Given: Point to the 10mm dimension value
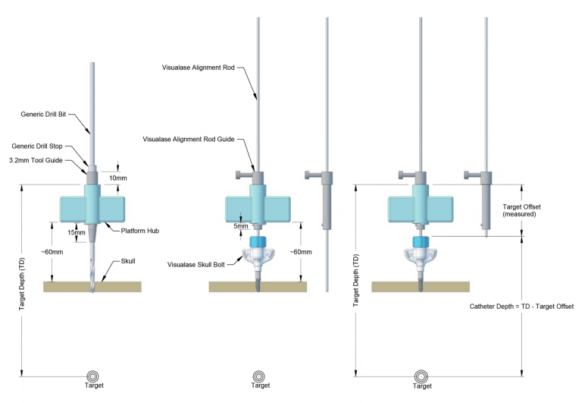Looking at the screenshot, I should coord(119,178).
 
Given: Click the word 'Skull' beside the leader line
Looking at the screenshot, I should coord(128,260).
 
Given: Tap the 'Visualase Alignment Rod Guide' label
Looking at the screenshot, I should coord(189,139).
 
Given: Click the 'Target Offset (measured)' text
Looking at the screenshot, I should coord(520,210).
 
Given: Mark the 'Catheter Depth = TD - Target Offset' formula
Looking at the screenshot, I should coord(521,306).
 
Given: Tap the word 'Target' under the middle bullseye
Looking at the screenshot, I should coord(260,386).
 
